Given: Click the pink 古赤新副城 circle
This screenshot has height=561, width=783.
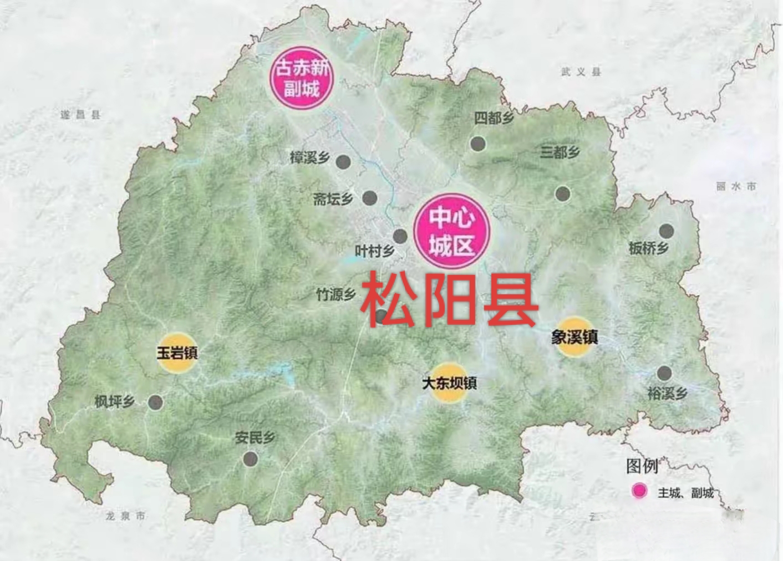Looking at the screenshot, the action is coord(302,78).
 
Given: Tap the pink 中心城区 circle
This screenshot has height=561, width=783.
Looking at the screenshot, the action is coord(452,231).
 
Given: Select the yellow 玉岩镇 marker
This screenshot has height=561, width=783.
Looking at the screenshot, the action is coord(177,352).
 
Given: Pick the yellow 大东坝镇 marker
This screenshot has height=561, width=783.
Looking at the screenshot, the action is coord(449,382).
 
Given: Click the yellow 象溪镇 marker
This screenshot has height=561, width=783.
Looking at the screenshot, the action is coord(574,336).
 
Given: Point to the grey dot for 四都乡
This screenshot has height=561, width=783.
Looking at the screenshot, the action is coord(478,144).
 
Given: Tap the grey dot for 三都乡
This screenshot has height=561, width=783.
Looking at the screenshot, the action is coord(563,193).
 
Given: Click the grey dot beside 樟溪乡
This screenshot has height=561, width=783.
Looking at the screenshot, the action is coord(343,162).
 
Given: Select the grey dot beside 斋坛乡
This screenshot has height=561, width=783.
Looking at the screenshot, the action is coord(370,197).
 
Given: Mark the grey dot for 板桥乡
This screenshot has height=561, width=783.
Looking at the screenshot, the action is coord(666,231).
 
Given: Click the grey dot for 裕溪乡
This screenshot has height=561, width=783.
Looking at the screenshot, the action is coord(664,373).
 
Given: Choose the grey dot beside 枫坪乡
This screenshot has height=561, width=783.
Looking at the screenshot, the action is coord(155,402).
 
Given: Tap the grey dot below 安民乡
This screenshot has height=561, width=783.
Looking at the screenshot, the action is coord(251,458).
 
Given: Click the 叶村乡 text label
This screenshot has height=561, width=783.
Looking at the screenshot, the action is coord(374,252).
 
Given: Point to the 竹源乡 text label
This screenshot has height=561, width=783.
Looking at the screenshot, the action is coord(335,294).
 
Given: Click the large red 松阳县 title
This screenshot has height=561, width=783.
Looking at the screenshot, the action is coord(449,300).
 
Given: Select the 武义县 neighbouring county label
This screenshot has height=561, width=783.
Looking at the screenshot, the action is coord(581,72).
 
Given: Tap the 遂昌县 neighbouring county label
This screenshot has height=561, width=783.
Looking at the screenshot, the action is coord(80,115).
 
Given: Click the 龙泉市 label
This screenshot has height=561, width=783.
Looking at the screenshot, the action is coord(126,516).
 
